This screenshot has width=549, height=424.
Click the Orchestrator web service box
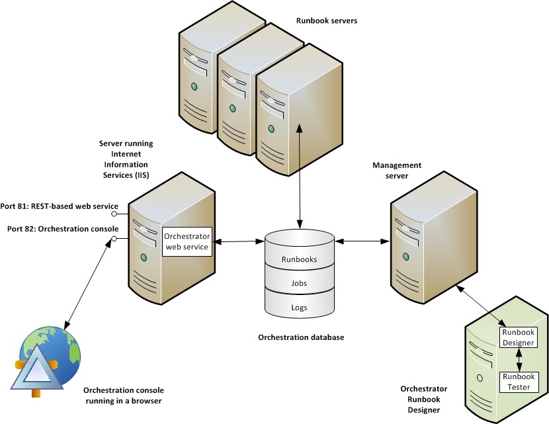click(187, 242)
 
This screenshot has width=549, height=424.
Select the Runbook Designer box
click(518, 337)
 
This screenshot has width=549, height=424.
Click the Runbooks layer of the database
click(300, 259)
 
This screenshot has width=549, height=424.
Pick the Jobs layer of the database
click(300, 284)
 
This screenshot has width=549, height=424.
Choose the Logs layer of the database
click(300, 308)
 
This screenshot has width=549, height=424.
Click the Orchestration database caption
click(301, 337)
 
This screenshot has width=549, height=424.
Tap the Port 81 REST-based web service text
click(60, 206)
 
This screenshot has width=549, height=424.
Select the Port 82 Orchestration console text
click(60, 228)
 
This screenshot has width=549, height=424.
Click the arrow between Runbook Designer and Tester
click(519, 359)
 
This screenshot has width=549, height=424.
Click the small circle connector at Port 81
click(114, 214)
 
